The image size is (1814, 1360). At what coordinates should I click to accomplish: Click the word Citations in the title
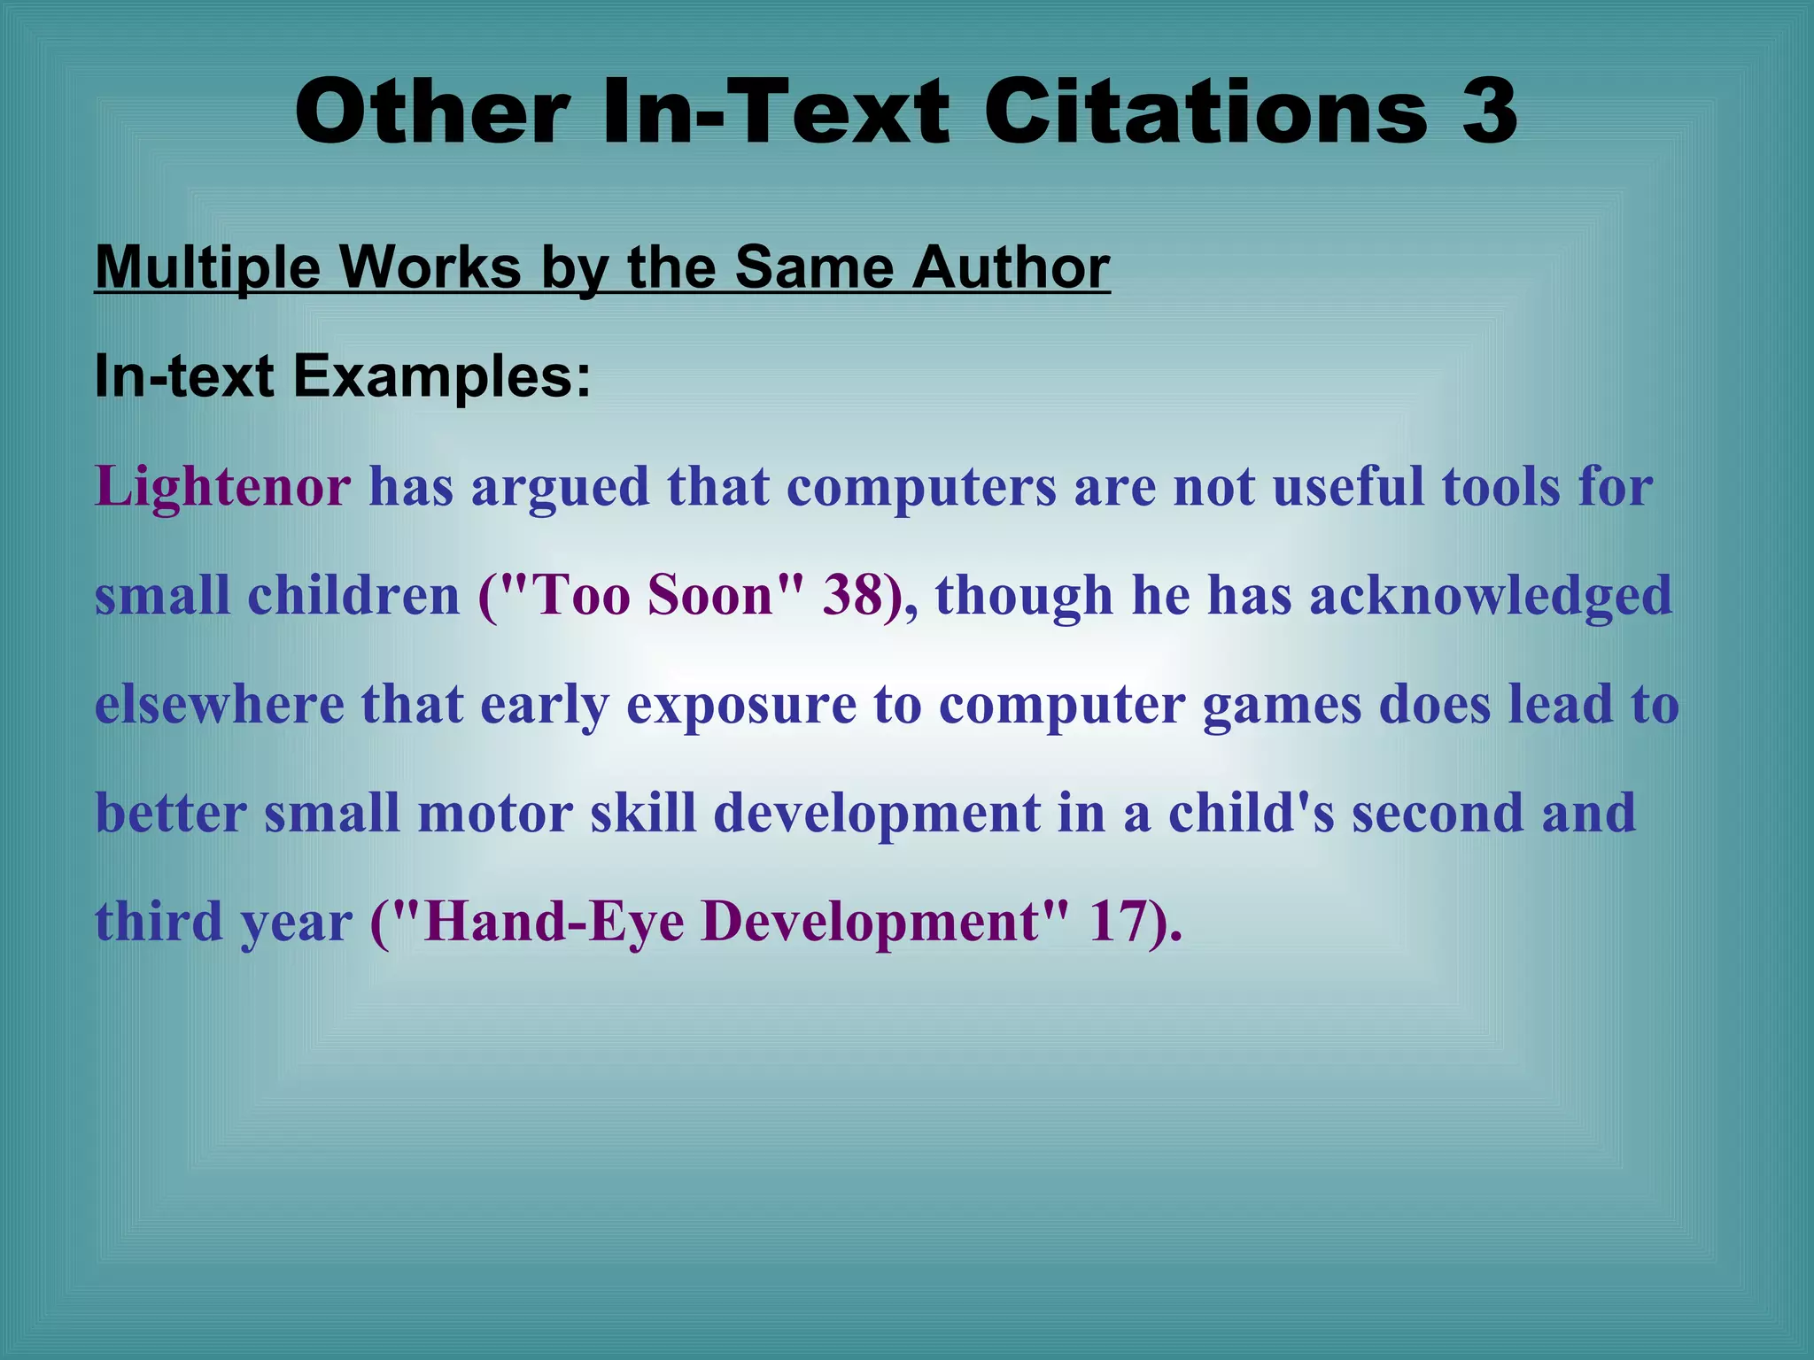[1205, 112]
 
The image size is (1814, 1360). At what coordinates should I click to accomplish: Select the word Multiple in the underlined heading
[207, 267]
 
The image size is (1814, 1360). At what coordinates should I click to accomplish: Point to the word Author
[1011, 267]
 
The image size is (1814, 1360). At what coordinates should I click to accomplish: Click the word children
[353, 595]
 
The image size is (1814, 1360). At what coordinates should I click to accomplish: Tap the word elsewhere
[220, 705]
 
